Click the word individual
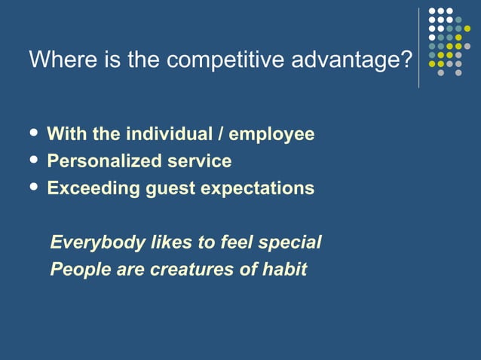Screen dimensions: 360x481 click(x=167, y=134)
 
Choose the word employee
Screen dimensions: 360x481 click(x=271, y=136)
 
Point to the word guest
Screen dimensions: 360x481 click(x=170, y=189)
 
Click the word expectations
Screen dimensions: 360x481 click(x=257, y=189)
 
